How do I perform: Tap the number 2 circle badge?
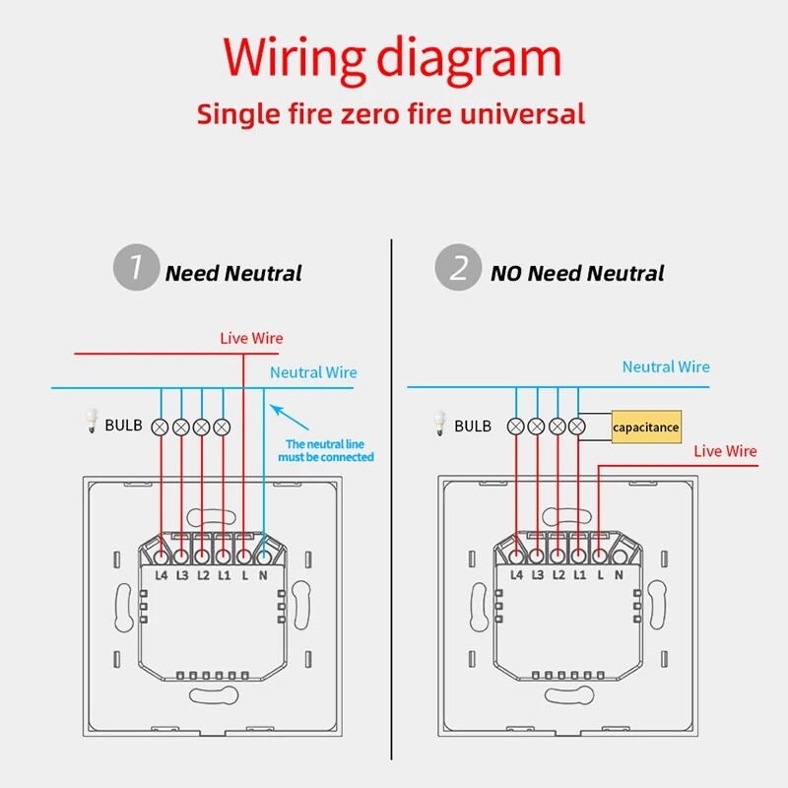(458, 270)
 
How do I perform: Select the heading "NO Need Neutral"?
(577, 274)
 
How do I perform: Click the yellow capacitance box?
(646, 427)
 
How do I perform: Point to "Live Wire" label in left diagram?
(251, 338)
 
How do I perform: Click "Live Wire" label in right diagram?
(725, 451)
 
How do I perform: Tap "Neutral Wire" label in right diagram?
(666, 366)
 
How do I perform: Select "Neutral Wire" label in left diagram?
(313, 372)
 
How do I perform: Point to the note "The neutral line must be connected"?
(329, 450)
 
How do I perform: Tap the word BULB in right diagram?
(473, 427)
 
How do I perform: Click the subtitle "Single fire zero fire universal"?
(391, 113)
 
